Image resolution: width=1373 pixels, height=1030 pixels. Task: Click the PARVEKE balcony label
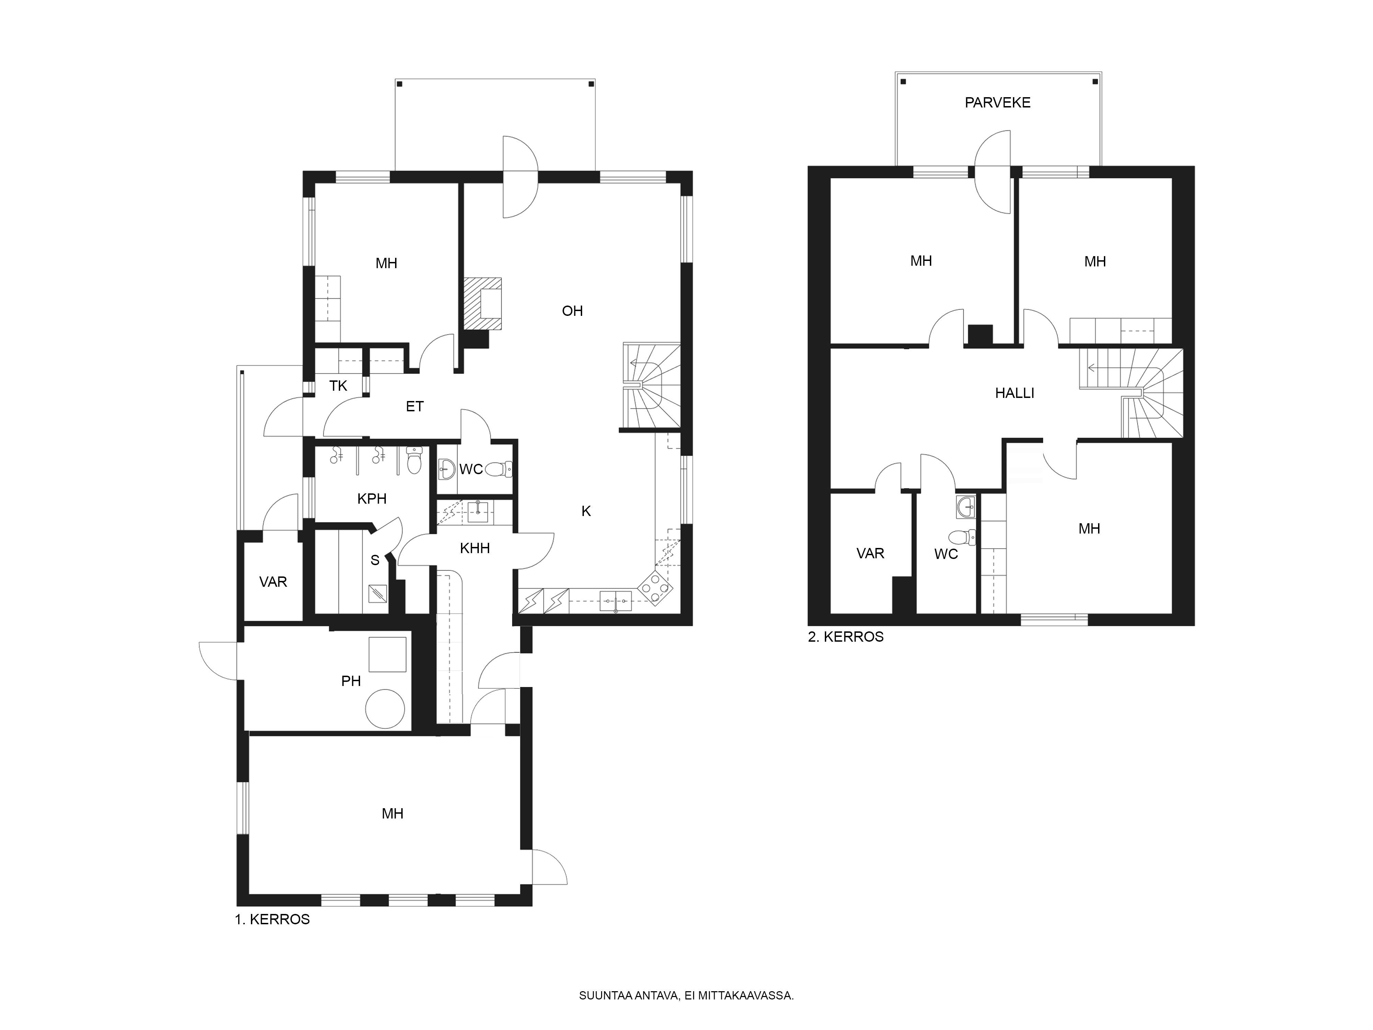[997, 102]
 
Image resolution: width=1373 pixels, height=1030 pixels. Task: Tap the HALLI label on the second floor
[1014, 393]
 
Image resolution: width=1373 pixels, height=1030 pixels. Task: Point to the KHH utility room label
[475, 548]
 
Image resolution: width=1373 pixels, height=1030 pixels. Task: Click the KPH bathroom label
[372, 499]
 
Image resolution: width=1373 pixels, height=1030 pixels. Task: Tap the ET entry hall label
[415, 407]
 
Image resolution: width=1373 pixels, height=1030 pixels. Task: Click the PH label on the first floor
[351, 681]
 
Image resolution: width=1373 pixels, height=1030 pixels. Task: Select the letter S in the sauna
[375, 561]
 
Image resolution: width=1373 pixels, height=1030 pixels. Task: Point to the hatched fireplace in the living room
[483, 303]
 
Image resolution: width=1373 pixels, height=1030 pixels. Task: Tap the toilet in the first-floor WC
[498, 469]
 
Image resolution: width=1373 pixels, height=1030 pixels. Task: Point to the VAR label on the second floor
[870, 553]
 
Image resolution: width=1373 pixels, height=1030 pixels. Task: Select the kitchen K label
[586, 511]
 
